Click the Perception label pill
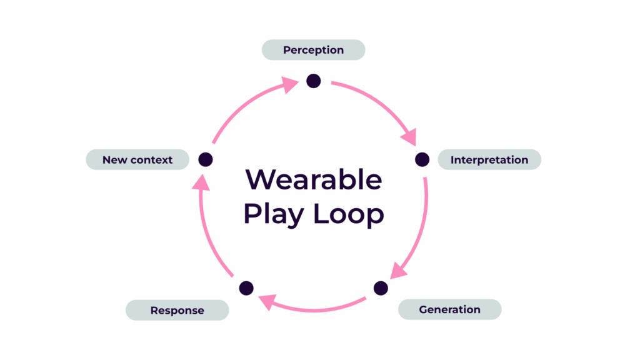[x=313, y=50]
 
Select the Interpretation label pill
[x=489, y=159]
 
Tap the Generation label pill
[x=449, y=309]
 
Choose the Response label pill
[x=177, y=310]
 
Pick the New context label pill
[x=137, y=159]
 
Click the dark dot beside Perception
[x=313, y=81]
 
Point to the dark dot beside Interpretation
[x=422, y=159]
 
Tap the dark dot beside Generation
[x=381, y=288]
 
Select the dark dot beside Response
[x=246, y=288]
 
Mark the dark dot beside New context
[x=206, y=159]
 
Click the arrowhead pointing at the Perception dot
[x=289, y=84]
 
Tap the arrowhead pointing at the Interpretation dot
[x=410, y=136]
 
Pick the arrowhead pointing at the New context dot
[x=199, y=182]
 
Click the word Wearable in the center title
[x=313, y=179]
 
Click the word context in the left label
[x=152, y=160]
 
